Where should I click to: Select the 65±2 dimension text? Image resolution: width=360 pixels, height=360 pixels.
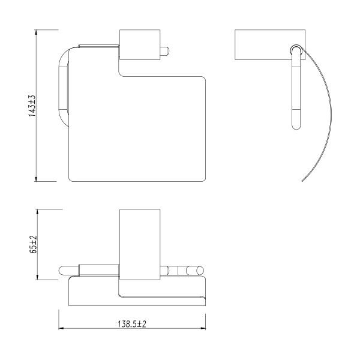(x=34, y=244)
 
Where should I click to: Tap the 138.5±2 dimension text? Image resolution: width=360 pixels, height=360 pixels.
(x=131, y=323)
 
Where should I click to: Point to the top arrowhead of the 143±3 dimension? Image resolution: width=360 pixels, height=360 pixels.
(x=38, y=32)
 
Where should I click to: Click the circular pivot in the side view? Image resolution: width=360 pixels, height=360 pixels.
(x=296, y=50)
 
